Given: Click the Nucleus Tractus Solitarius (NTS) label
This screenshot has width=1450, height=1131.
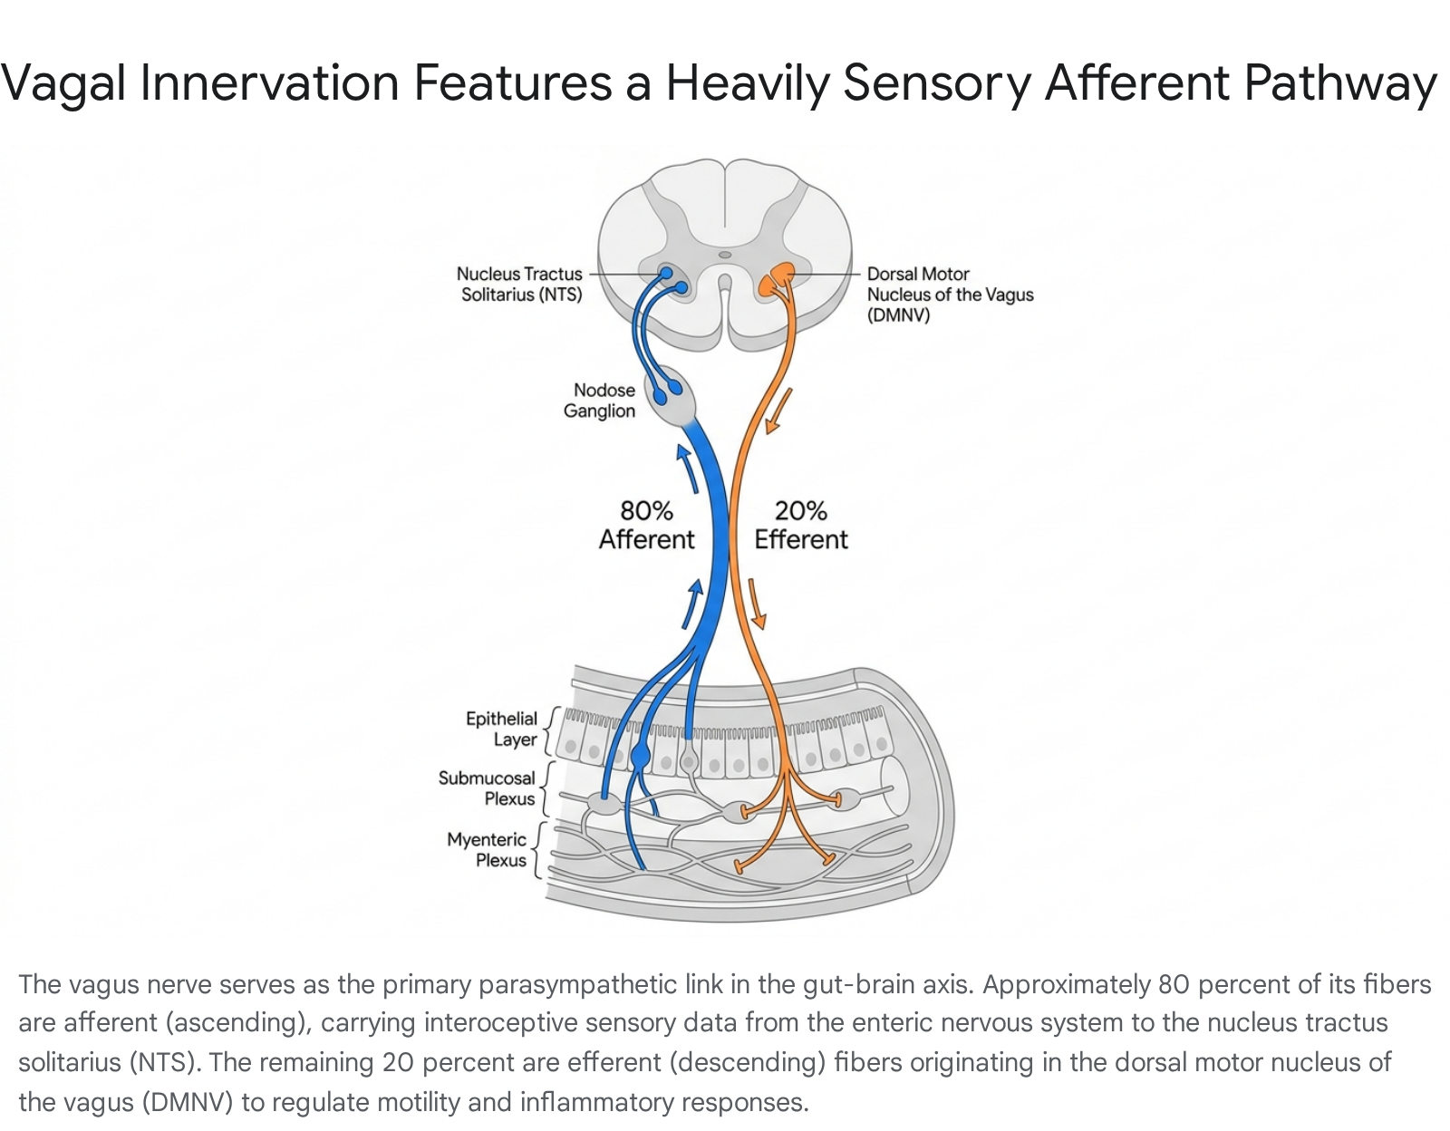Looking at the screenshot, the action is point(519,285).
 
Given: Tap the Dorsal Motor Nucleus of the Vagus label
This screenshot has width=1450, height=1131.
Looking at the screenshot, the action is point(951,295).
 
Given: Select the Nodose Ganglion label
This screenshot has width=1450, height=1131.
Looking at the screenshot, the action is point(599,401).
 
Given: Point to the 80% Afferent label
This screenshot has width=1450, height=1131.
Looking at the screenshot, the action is point(646,525).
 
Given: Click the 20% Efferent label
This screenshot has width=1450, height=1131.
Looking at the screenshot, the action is point(801,525).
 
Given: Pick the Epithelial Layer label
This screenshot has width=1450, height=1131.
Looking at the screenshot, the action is point(502,729).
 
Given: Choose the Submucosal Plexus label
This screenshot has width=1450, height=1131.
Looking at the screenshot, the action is point(488,788).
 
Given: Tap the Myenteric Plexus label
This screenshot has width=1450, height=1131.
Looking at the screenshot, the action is point(488,849).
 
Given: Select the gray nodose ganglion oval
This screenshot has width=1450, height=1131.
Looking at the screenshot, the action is point(670,396).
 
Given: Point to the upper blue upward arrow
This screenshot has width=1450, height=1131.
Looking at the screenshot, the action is point(687,469).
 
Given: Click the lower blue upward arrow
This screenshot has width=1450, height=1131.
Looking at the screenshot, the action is point(692,604).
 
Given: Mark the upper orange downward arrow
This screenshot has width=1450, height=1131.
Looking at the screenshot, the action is point(778,411).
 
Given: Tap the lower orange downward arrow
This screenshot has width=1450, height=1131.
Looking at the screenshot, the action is point(757,604).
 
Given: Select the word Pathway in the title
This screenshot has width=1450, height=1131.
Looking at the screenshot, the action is point(1340,83).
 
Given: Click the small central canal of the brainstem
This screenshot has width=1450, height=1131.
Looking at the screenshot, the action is point(725,255).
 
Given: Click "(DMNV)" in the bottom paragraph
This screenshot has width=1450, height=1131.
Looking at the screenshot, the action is point(188,1102).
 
